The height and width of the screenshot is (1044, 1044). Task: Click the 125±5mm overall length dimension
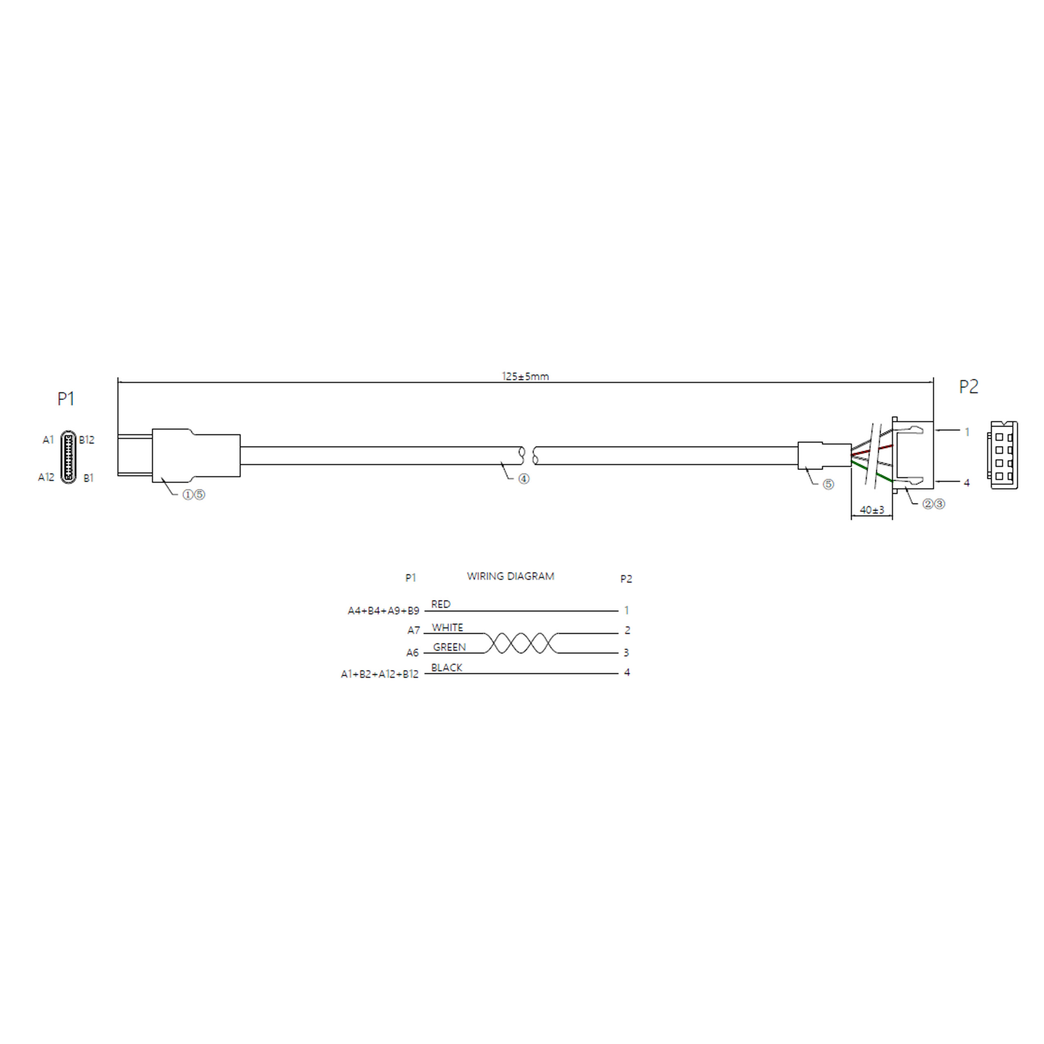pos(525,376)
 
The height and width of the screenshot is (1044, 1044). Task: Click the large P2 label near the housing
pos(968,386)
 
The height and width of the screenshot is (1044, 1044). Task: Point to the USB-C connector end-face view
pos(68,457)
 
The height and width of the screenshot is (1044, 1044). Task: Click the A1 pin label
pos(49,440)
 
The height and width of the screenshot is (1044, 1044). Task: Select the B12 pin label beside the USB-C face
pos(86,440)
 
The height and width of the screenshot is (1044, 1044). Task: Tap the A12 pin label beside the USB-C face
pos(46,477)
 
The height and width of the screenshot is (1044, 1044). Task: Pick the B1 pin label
pos(88,478)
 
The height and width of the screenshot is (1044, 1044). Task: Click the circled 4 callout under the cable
pos(524,479)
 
